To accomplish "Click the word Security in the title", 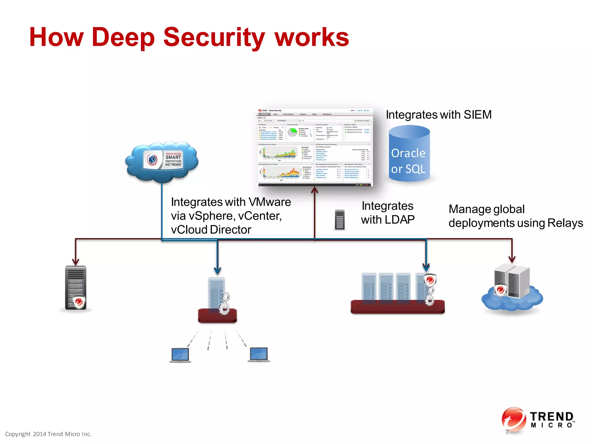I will [214, 38].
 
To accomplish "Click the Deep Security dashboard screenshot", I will [314, 147].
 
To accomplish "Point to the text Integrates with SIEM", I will [439, 115].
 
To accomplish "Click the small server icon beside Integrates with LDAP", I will [340, 220].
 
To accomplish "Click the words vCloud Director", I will [211, 230].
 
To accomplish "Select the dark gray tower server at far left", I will [75, 288].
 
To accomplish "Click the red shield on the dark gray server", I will [79, 302].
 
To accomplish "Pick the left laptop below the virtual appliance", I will [180, 355].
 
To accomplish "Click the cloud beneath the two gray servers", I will [512, 301].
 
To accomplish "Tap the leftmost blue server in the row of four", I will [369, 286].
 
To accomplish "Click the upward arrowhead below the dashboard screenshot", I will [314, 190].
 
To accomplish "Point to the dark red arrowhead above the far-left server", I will [76, 262].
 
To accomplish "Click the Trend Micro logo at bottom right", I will [538, 419].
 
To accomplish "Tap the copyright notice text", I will [48, 434].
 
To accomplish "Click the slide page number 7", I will [507, 432].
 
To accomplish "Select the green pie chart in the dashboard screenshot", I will [293, 132].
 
